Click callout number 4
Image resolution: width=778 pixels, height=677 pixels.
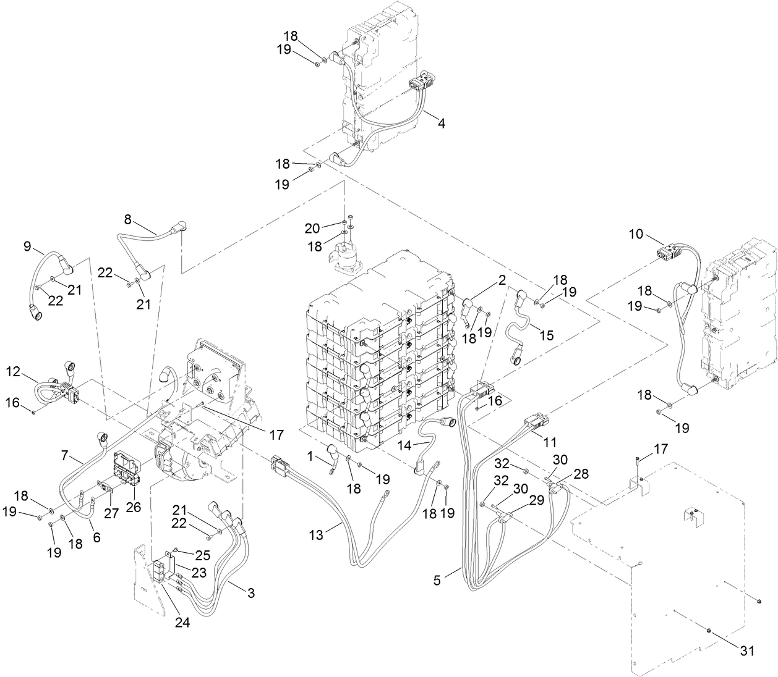click(x=441, y=122)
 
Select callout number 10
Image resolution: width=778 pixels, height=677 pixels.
click(x=636, y=234)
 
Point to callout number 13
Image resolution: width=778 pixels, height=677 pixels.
click(x=317, y=536)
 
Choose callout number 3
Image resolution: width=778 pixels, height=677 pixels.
click(x=250, y=594)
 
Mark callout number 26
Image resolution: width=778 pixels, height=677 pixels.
click(x=134, y=507)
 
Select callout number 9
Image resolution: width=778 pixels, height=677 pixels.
click(x=27, y=246)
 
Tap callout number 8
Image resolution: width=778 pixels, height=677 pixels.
click(x=127, y=219)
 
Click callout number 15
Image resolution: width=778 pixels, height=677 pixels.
click(x=546, y=335)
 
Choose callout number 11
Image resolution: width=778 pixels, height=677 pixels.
click(x=550, y=442)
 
